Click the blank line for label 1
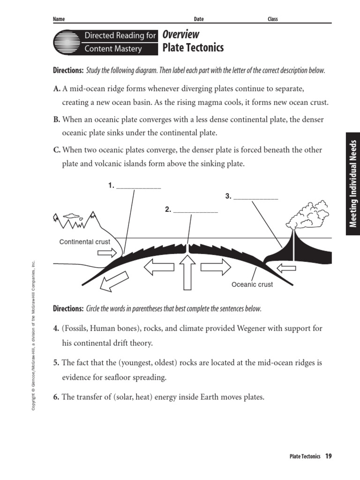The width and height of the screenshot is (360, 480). click(138, 187)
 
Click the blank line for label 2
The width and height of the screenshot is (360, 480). click(195, 212)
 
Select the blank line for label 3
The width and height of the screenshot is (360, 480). click(255, 199)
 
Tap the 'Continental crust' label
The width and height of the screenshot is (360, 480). click(85, 242)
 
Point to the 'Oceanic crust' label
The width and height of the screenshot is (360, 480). click(252, 284)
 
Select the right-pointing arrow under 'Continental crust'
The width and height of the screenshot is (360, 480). click(106, 253)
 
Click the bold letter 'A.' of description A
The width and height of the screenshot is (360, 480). click(57, 89)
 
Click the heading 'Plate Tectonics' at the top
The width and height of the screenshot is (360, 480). click(193, 48)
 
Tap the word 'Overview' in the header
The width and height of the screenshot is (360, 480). click(180, 35)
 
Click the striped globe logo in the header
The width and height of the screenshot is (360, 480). click(66, 42)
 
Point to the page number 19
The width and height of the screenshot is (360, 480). click(329, 456)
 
